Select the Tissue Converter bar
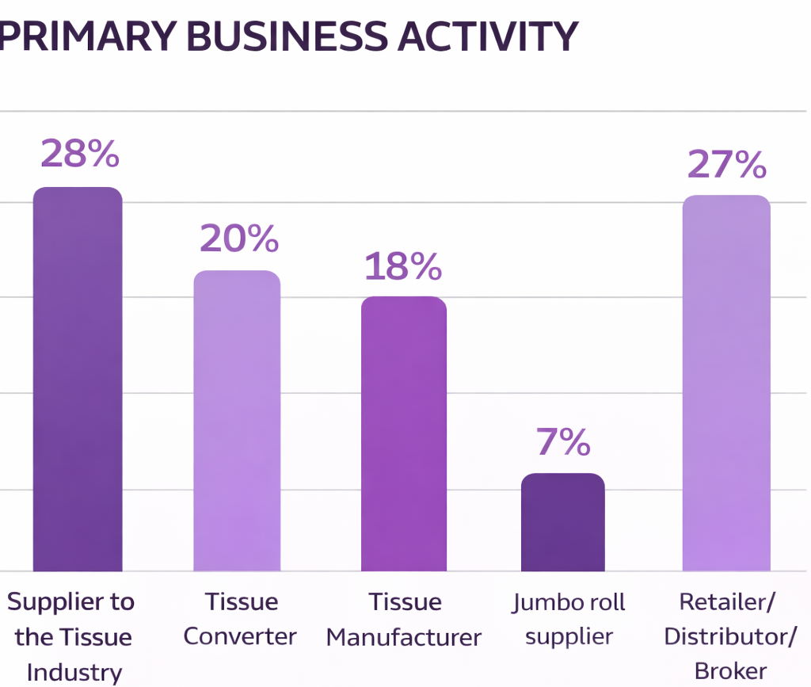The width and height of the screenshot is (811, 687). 238,421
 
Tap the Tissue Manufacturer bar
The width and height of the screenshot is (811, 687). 404,433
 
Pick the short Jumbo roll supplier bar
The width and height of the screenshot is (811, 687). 563,522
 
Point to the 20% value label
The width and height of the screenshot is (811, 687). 239,238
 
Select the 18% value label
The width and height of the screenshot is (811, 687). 403,267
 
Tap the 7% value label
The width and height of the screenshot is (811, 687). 563,442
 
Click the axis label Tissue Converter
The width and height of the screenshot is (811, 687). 241,619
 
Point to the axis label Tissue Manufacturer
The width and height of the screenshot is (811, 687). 404,619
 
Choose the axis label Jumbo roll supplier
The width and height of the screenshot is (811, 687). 569,619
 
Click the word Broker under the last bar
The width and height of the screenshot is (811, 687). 730,671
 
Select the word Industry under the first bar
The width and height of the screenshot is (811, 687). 74,673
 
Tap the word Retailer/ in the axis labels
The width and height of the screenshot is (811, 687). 727,601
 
